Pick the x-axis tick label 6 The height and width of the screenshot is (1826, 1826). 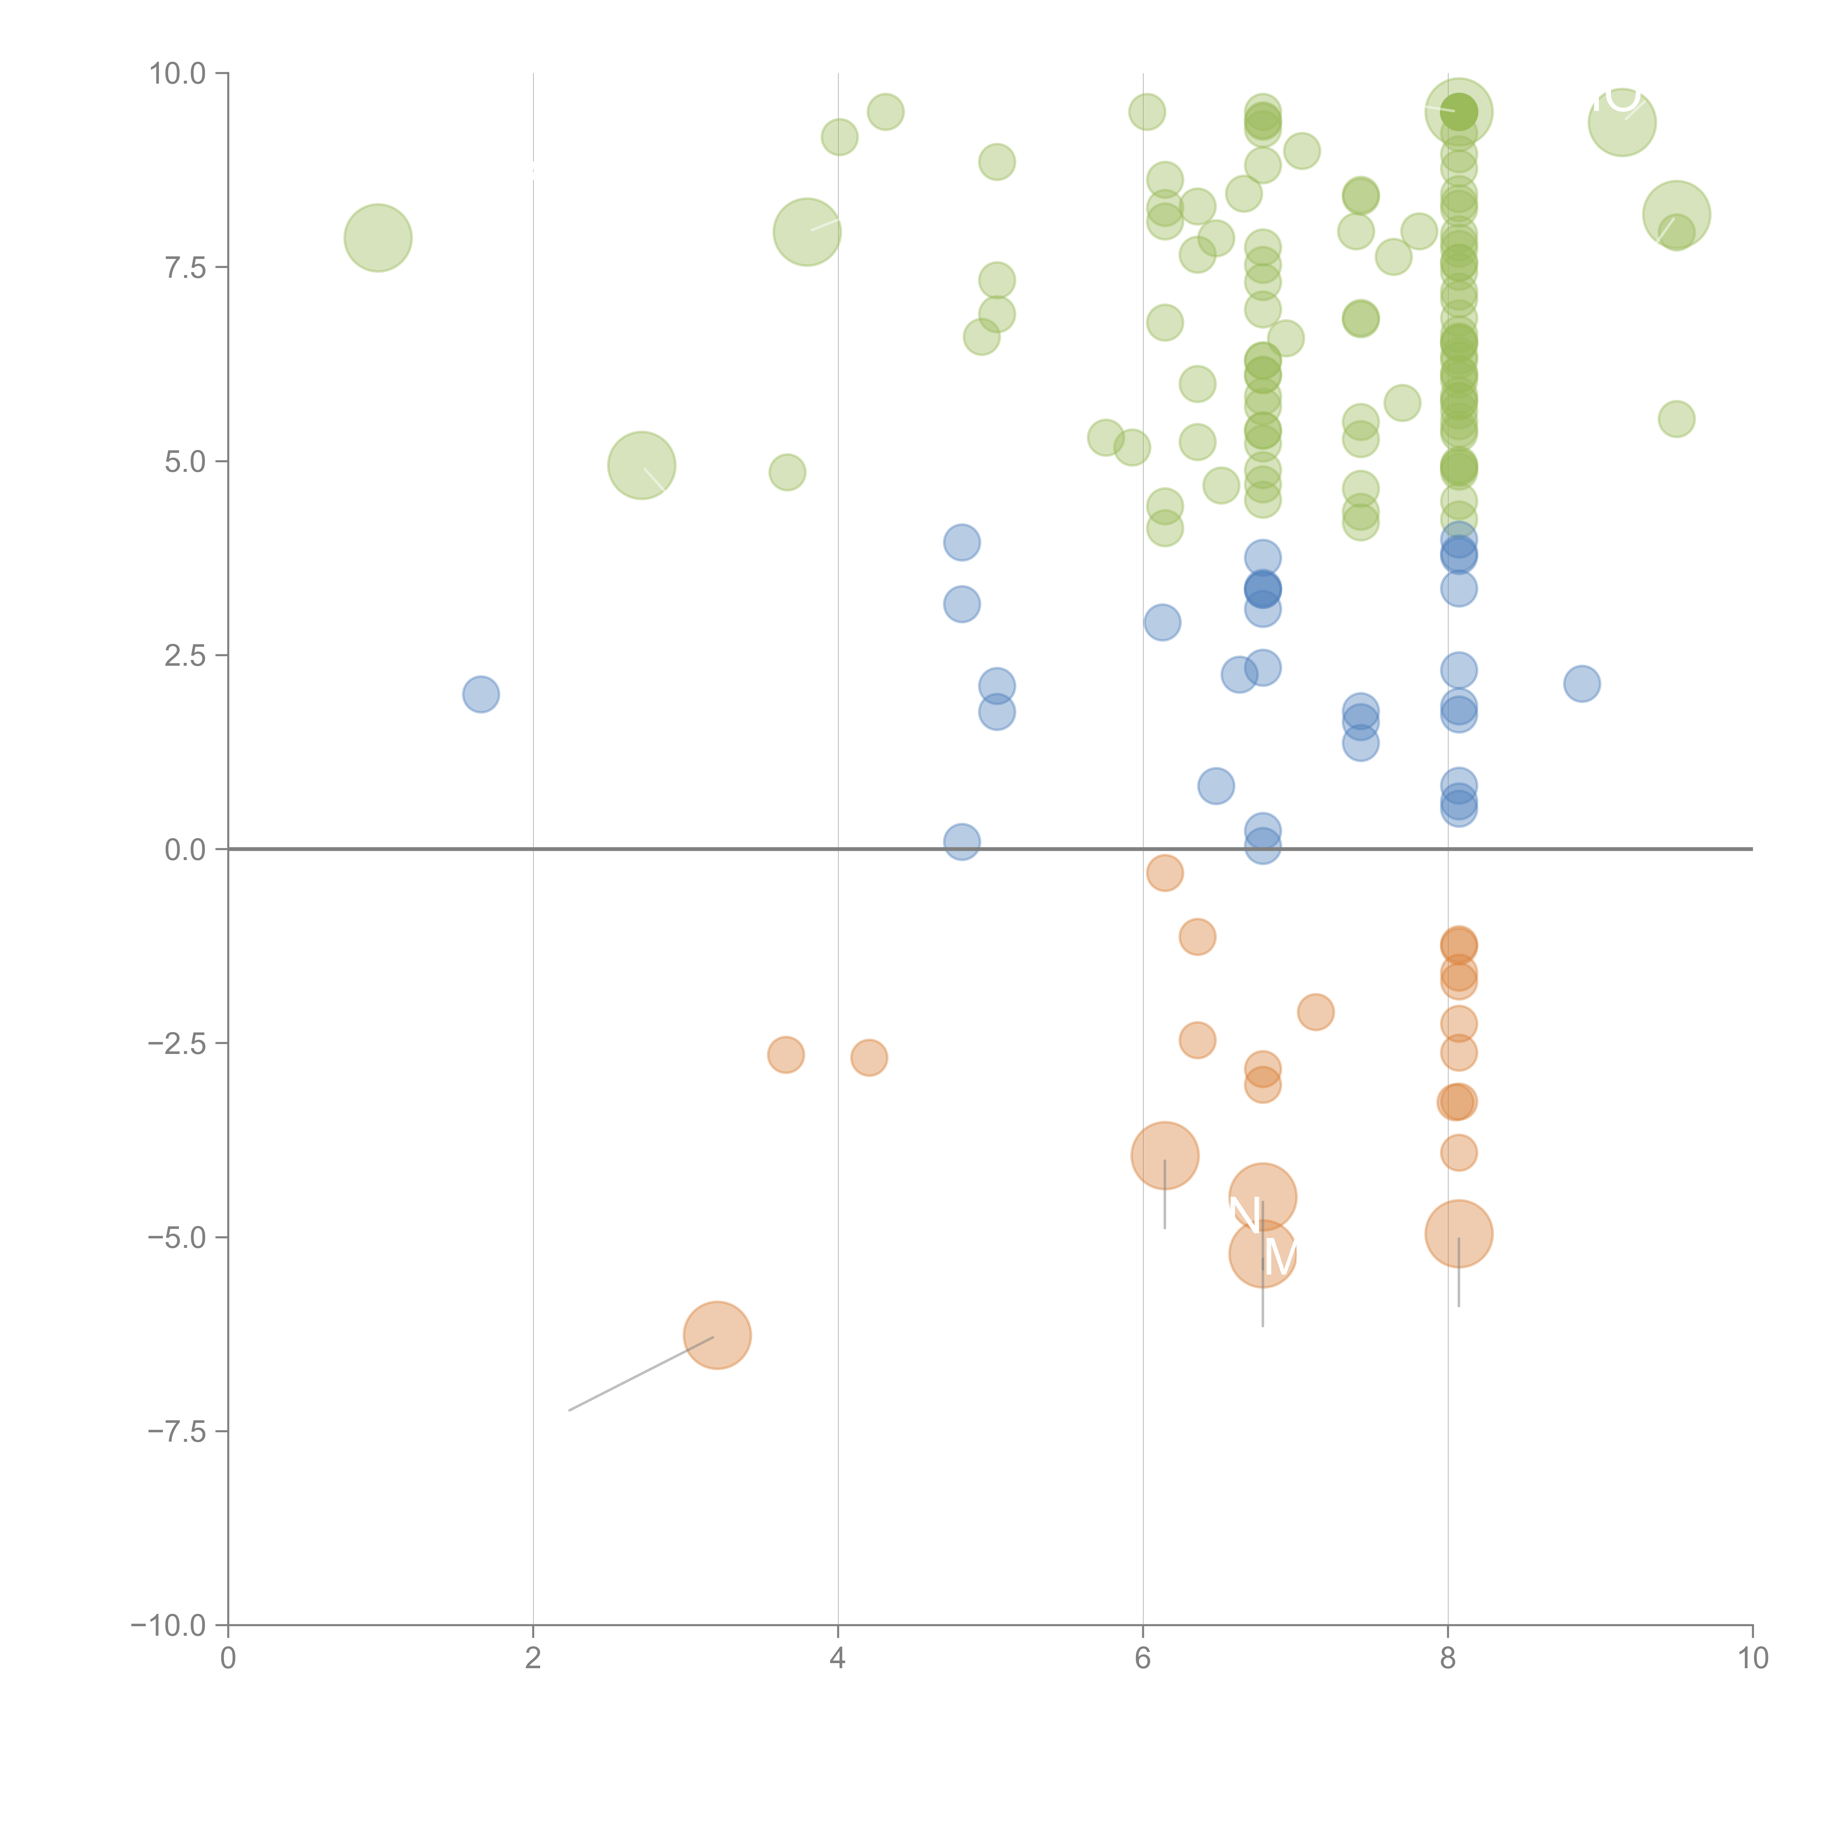[x=1143, y=1659]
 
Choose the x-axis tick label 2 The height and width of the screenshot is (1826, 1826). [x=533, y=1659]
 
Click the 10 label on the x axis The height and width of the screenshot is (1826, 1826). [x=1752, y=1659]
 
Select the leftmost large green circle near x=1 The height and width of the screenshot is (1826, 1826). [x=378, y=237]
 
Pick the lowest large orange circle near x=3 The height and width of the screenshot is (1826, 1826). [x=717, y=1334]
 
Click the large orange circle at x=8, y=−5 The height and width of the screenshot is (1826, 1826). [x=1458, y=1233]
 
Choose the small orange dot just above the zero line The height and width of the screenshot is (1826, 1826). [x=1164, y=872]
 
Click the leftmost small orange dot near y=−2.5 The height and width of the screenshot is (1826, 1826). [x=786, y=1054]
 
